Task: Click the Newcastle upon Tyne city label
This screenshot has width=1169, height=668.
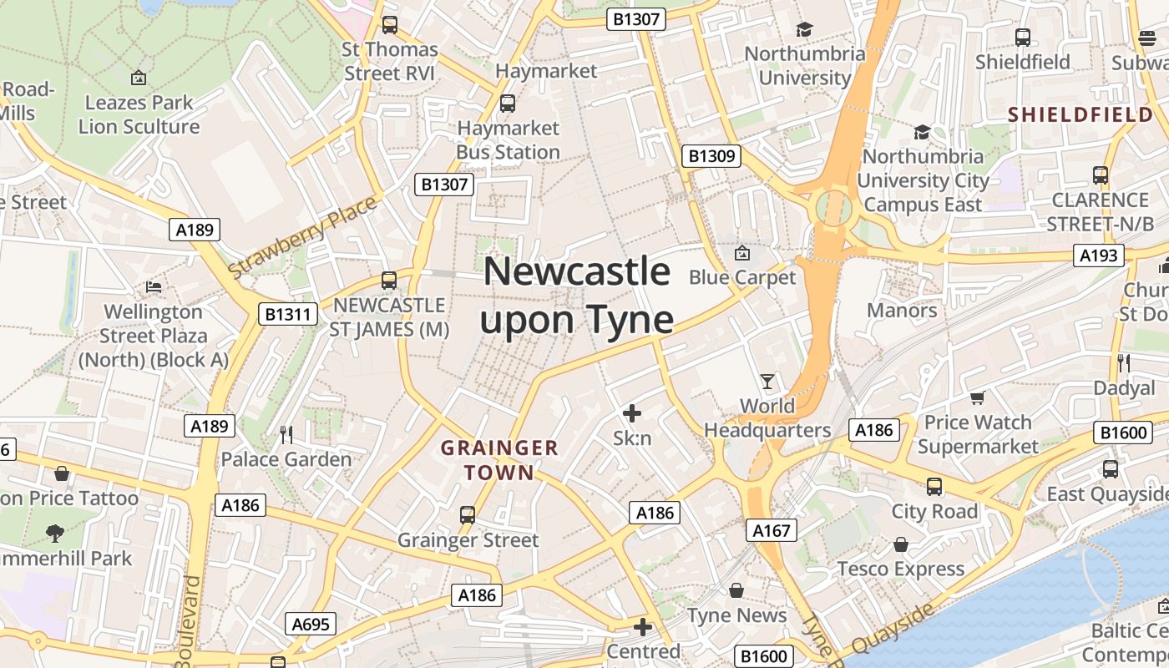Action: click(x=576, y=296)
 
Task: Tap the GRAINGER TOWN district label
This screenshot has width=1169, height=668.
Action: click(x=499, y=460)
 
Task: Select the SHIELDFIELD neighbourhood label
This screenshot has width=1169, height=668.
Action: click(x=1080, y=114)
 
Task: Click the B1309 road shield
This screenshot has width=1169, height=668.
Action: click(x=711, y=156)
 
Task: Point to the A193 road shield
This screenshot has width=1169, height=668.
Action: click(x=1098, y=256)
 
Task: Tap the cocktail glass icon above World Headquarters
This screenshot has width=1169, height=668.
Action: click(x=767, y=382)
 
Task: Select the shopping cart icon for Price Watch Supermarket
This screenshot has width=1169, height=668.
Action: click(x=977, y=398)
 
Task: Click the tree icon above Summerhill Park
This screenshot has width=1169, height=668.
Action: click(x=55, y=533)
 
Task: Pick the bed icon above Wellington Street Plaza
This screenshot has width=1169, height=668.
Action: click(x=154, y=287)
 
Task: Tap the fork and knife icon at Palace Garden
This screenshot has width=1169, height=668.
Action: click(x=286, y=434)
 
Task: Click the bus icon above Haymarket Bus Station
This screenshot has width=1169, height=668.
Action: click(x=507, y=104)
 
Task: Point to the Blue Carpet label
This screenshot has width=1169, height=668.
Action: click(x=742, y=277)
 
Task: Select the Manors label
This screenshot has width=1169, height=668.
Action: click(x=902, y=311)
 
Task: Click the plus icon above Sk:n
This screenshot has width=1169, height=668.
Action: click(x=632, y=412)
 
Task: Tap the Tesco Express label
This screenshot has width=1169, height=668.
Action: click(x=901, y=569)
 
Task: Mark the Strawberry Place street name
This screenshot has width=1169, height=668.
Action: click(x=302, y=238)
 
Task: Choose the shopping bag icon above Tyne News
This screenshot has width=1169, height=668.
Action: click(x=736, y=590)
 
